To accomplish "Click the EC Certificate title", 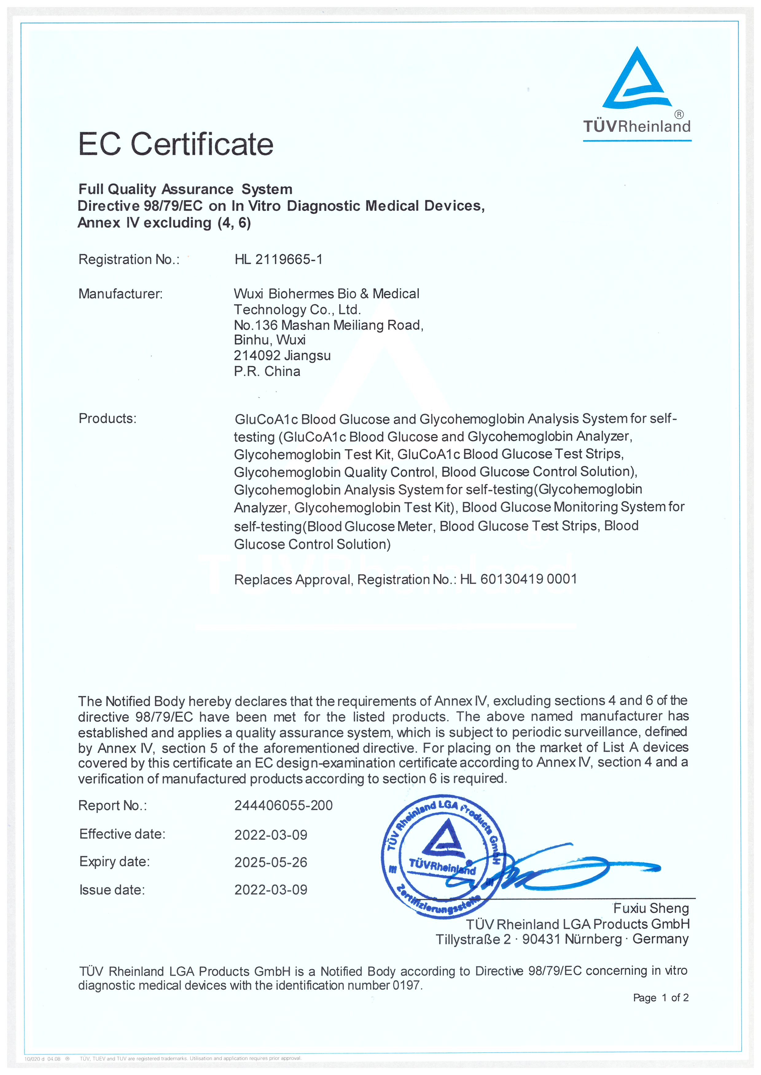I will click(x=176, y=144).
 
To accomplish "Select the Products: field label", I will click(x=107, y=418).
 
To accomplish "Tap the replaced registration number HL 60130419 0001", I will click(x=518, y=579).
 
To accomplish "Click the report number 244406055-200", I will click(x=283, y=805).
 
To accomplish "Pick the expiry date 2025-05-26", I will click(x=271, y=862).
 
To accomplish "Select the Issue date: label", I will click(x=112, y=890).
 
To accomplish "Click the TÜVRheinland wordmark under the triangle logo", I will click(x=637, y=126).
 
